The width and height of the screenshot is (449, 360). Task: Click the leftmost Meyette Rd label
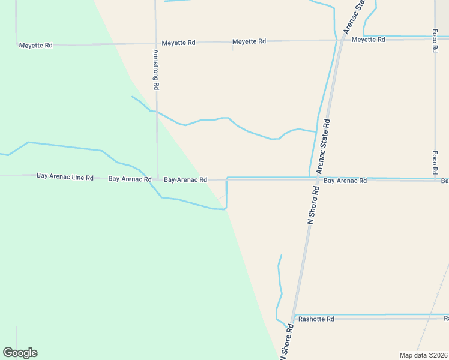[35, 45]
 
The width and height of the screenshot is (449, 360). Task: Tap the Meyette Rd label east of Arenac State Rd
[368, 40]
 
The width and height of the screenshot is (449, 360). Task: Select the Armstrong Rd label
[155, 70]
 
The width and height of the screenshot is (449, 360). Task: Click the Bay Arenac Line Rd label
[65, 177]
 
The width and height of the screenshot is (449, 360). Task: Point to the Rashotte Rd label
[316, 319]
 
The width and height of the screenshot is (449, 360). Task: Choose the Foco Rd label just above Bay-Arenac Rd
[435, 161]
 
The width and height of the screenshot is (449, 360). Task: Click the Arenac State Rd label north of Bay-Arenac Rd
[324, 143]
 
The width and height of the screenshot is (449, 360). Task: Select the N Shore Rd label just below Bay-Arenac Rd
[313, 204]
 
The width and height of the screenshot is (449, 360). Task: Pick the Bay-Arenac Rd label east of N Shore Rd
[345, 180]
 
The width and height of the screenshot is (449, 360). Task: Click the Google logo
[20, 353]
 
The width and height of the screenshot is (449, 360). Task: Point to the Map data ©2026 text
[423, 355]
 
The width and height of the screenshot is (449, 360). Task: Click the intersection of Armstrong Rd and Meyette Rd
[155, 43]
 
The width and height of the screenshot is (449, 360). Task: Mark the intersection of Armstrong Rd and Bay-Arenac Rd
[157, 179]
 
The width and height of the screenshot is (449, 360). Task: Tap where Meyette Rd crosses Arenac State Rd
[341, 40]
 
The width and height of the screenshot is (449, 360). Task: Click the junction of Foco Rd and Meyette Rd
[435, 40]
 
